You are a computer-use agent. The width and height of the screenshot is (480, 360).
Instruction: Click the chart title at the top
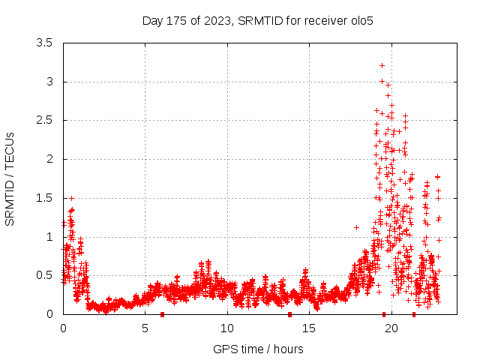click(257, 20)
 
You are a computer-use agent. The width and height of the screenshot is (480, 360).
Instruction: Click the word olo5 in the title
click(361, 20)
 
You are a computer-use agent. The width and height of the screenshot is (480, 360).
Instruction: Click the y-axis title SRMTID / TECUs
click(10, 178)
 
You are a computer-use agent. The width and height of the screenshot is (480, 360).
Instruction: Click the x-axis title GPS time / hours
click(257, 349)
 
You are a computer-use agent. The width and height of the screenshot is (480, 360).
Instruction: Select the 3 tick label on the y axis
click(49, 82)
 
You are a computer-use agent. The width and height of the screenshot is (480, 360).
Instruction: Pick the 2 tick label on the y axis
click(49, 159)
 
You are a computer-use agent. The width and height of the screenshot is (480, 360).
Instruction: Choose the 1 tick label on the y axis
click(49, 236)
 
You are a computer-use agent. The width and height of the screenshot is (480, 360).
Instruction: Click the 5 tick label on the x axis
click(145, 328)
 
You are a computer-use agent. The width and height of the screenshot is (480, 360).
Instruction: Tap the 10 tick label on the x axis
click(227, 328)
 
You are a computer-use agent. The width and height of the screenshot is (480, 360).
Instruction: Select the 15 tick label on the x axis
click(309, 328)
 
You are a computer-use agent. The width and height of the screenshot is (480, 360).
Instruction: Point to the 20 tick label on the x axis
click(391, 328)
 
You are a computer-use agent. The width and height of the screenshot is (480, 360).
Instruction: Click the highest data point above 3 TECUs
click(382, 65)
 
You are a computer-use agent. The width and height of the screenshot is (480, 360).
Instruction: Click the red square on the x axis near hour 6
click(162, 314)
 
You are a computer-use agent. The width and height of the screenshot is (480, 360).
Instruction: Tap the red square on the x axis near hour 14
click(289, 314)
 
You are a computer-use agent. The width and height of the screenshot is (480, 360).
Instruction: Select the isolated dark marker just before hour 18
click(356, 227)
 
